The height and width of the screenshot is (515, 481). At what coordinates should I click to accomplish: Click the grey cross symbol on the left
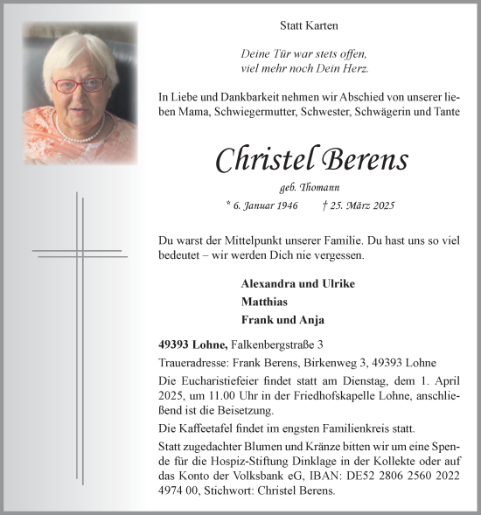click(x=80, y=254)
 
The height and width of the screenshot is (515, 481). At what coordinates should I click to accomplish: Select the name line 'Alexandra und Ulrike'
click(x=297, y=284)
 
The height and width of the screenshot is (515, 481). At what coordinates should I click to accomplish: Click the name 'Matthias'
click(x=266, y=302)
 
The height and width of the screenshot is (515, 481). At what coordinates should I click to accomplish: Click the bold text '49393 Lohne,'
click(x=194, y=344)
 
